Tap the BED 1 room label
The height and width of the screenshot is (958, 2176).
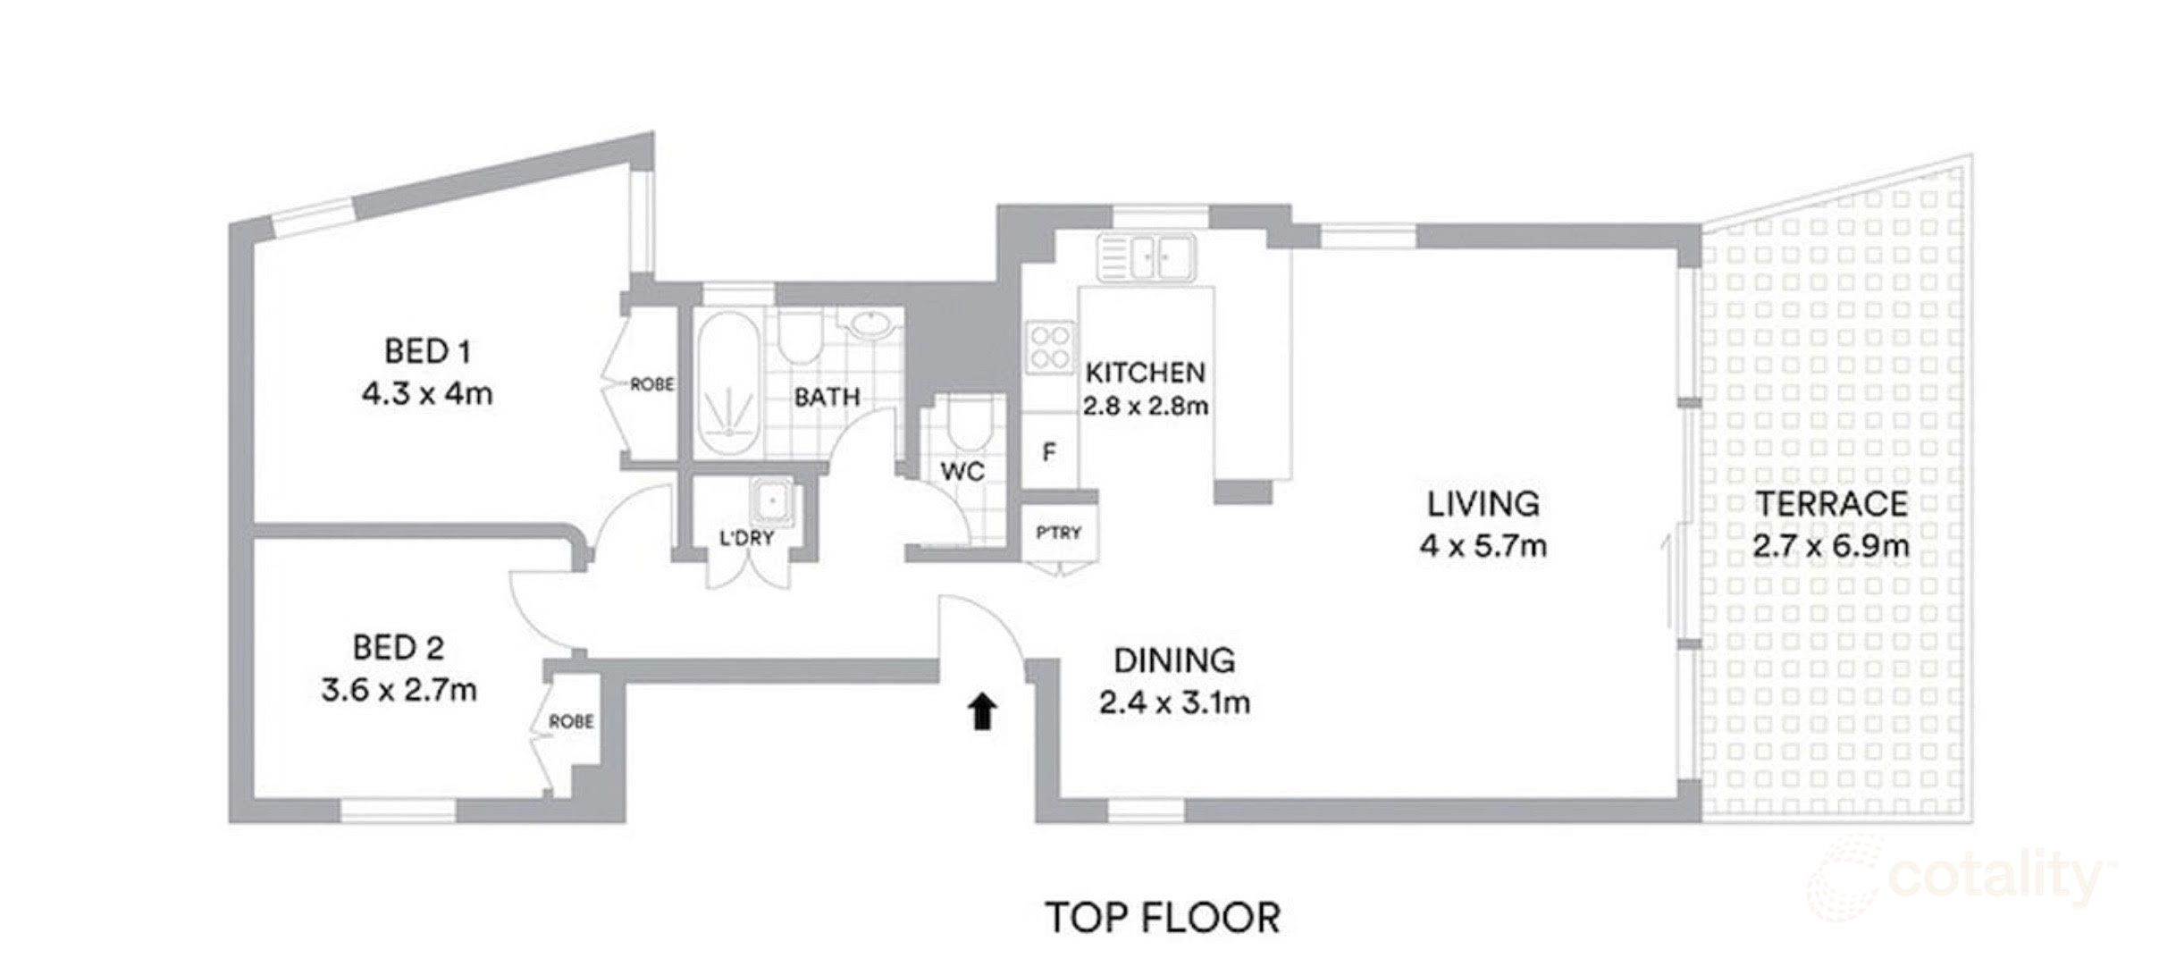pyautogui.click(x=427, y=351)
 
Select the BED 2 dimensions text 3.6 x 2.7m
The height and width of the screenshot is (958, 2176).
pyautogui.click(x=399, y=690)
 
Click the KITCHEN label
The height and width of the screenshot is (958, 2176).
pyautogui.click(x=1145, y=372)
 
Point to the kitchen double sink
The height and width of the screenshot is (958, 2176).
pyautogui.click(x=1147, y=257)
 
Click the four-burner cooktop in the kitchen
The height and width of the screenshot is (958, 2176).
pyautogui.click(x=1050, y=348)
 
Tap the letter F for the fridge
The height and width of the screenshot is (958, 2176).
pyautogui.click(x=1049, y=453)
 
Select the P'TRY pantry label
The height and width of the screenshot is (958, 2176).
pyautogui.click(x=1059, y=533)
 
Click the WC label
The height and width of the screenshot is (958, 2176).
pyautogui.click(x=962, y=472)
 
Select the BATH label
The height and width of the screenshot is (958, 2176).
pyautogui.click(x=828, y=397)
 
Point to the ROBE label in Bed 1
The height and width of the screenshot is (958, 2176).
pyautogui.click(x=652, y=385)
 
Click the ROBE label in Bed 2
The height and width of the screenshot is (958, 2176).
pyautogui.click(x=571, y=721)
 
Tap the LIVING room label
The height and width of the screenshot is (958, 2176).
pyautogui.click(x=1483, y=504)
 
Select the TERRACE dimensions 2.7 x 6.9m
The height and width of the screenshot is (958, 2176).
pyautogui.click(x=1831, y=545)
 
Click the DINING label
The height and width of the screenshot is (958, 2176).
pyautogui.click(x=1174, y=660)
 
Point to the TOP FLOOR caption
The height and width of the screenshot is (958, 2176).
pyautogui.click(x=1163, y=918)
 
